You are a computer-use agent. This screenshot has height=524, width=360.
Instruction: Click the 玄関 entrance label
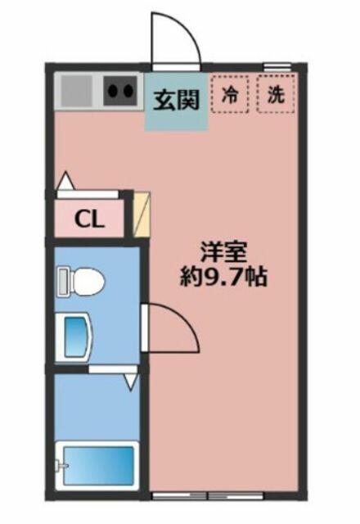point(176,100)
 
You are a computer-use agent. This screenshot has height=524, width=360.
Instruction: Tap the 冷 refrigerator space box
point(230,95)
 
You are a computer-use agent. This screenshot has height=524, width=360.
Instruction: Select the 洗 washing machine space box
point(276,94)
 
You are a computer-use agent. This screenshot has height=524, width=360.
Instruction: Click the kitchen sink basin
point(76,91)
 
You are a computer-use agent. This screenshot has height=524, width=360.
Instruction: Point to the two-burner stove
point(120,91)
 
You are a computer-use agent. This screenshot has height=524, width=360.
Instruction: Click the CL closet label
point(89,219)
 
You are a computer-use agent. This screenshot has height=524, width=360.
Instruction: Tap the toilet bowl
point(87,281)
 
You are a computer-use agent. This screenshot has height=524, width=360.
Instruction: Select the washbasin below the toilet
point(77,337)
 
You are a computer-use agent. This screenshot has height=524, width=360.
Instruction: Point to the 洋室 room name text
point(223,253)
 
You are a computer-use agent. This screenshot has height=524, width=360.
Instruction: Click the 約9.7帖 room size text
point(223,277)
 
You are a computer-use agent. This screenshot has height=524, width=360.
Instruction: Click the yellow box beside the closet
point(142,215)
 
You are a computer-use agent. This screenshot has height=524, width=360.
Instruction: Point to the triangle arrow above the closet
point(66,181)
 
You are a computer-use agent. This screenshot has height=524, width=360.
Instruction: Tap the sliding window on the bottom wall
point(209,496)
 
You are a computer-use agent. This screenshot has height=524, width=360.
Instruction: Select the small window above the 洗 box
point(277,66)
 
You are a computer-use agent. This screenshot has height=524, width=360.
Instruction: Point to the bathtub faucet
point(61,465)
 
